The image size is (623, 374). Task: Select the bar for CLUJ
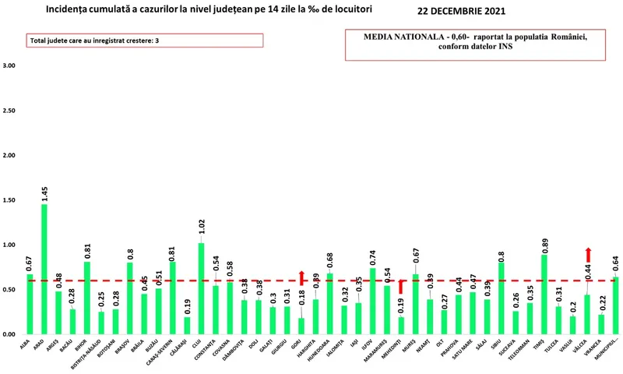pyautogui.click(x=202, y=288)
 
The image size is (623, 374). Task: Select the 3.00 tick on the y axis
pyautogui.click(x=9, y=65)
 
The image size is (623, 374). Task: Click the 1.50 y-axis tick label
pyautogui.click(x=9, y=200)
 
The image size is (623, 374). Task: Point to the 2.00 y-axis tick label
pyautogui.click(x=9, y=155)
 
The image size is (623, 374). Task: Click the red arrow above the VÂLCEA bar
pyautogui.click(x=588, y=255)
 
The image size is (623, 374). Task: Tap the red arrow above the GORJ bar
pyautogui.click(x=301, y=277)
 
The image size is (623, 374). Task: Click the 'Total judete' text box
pyautogui.click(x=134, y=41)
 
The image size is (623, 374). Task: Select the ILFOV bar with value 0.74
pyautogui.click(x=373, y=301)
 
